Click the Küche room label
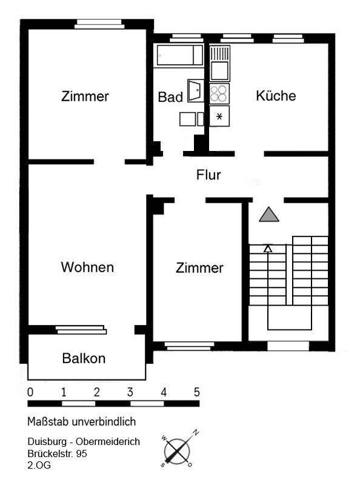tap(276, 96)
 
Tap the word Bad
tap(170, 97)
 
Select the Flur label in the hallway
tap(208, 175)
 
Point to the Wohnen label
tap(87, 267)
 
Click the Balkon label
tap(84, 358)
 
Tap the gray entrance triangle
tap(269, 214)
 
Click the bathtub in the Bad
tap(180, 55)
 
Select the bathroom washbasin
tap(196, 90)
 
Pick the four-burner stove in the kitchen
tap(219, 94)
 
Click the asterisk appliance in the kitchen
tap(219, 116)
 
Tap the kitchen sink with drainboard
tap(219, 63)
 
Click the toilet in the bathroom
tap(192, 119)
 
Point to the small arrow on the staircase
tap(268, 249)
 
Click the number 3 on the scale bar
tap(130, 392)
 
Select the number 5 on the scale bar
tap(197, 392)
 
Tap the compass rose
tap(178, 449)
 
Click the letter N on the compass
tap(196, 432)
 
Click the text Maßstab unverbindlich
tap(82, 421)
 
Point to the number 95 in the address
tap(81, 453)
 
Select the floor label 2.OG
tap(39, 465)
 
